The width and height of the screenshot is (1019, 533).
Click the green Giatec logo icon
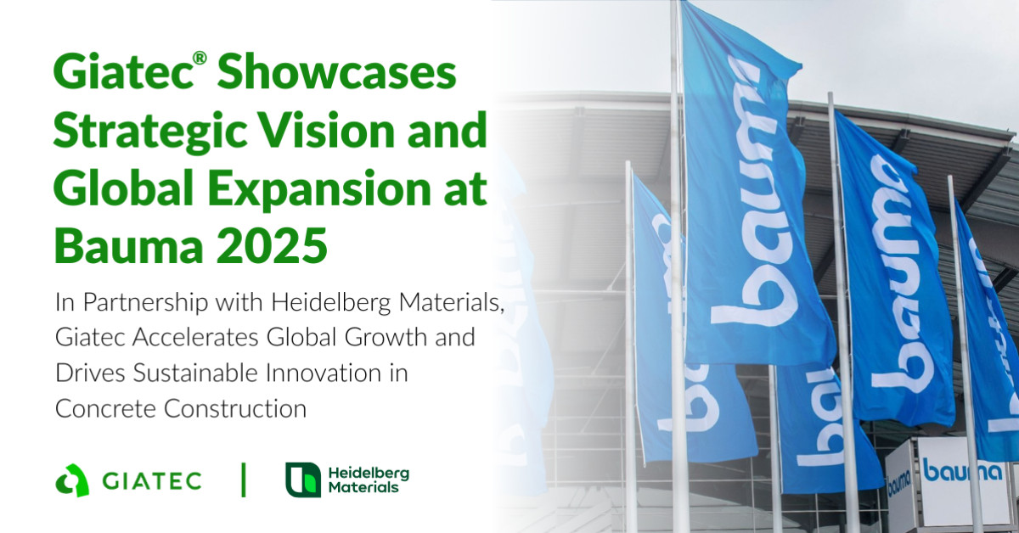(72, 480)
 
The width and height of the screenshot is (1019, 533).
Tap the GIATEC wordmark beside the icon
(152, 481)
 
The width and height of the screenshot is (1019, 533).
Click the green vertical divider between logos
(244, 480)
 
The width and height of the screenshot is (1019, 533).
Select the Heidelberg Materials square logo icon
(303, 480)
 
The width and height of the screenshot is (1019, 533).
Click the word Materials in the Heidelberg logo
(363, 488)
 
